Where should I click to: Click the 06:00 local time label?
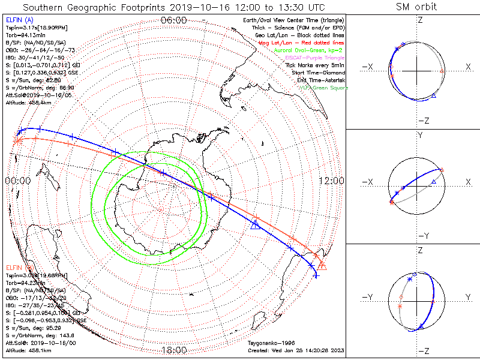pos(174,20)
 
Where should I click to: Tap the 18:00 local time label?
pos(174,350)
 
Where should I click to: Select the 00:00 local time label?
pos(18,181)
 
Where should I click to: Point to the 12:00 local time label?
pos(331,181)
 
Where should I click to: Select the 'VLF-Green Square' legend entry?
pos(324,88)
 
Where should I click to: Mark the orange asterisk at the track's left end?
pos(19,142)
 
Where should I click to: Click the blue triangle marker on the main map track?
pos(256,224)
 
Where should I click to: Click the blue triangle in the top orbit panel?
pos(434,96)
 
